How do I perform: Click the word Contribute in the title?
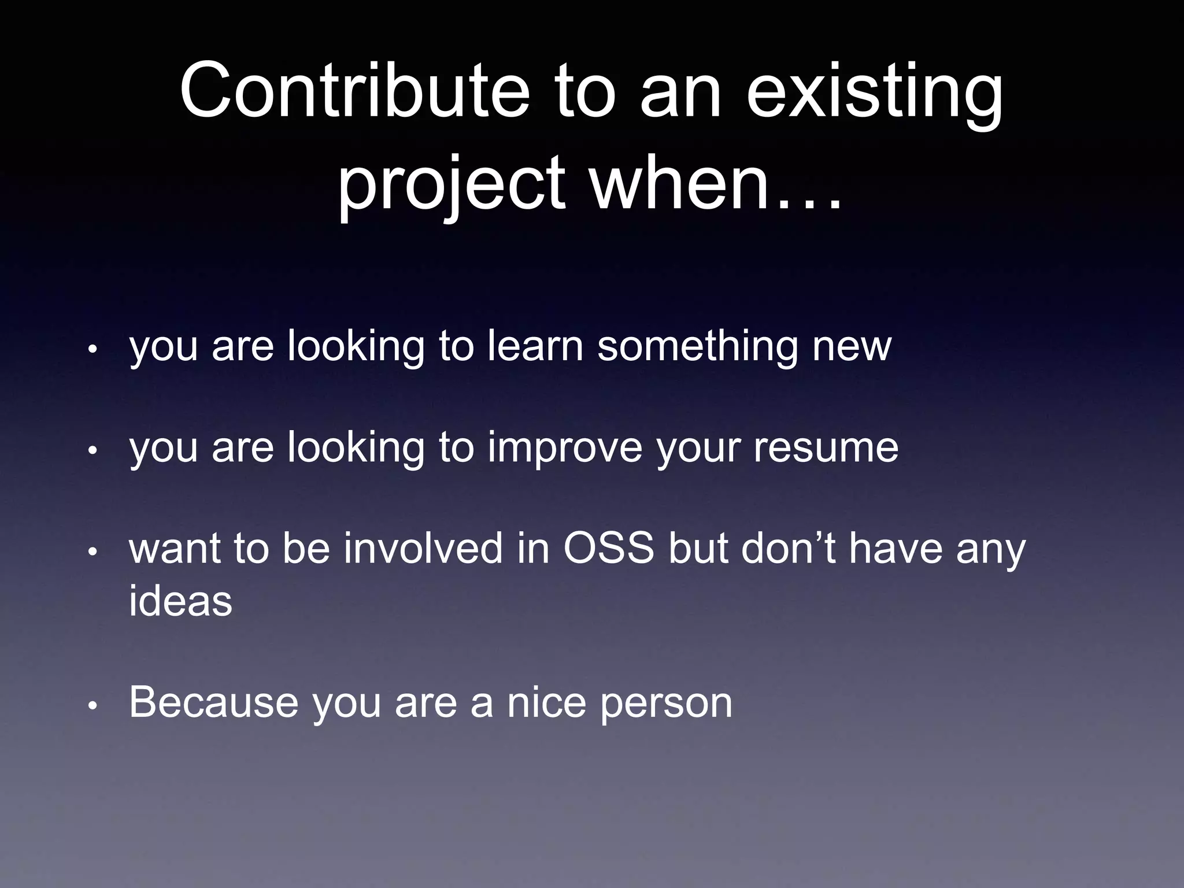(x=354, y=92)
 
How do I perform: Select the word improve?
(x=565, y=448)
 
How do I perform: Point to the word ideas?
(x=180, y=601)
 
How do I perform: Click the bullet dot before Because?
(x=92, y=706)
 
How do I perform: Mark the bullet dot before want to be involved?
(x=92, y=552)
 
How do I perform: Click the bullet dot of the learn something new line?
(x=92, y=350)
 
